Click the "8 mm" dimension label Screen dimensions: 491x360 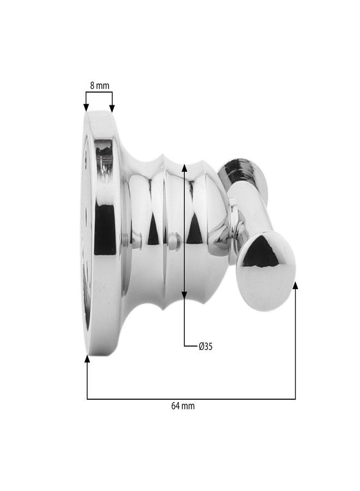point(99,85)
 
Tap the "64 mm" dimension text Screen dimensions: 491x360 point(183,406)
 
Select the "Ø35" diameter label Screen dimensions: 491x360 point(205,346)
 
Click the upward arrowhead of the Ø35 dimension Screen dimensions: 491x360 point(184,167)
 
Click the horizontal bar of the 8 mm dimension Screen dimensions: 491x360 point(99,93)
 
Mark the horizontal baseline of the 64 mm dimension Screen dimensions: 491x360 point(191,399)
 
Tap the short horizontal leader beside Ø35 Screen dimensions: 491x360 point(190,346)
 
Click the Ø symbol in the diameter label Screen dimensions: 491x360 point(201,346)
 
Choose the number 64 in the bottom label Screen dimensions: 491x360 point(176,406)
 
